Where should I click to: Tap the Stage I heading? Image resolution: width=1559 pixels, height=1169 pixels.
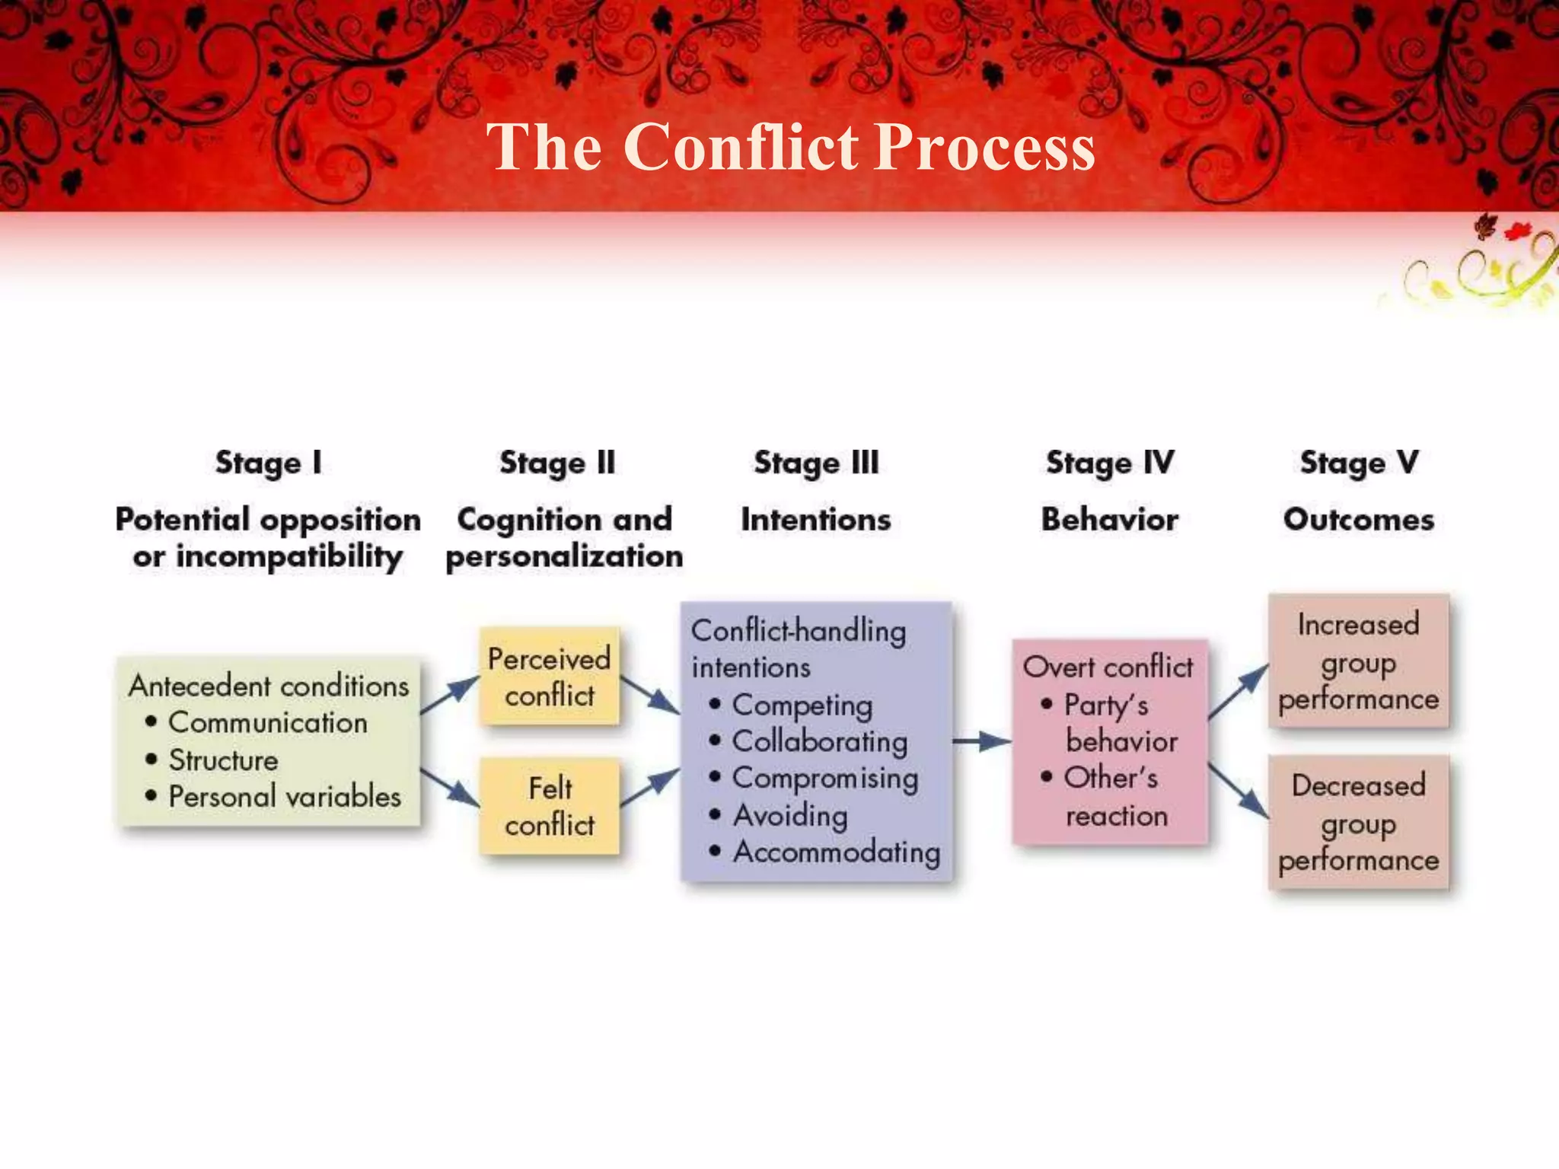(x=268, y=463)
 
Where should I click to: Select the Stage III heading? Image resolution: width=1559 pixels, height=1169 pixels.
(x=816, y=463)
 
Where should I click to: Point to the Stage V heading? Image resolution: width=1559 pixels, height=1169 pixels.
(x=1359, y=463)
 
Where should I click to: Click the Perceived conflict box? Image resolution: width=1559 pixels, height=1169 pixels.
(x=549, y=676)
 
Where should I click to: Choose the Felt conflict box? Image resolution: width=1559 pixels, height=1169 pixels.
(x=549, y=805)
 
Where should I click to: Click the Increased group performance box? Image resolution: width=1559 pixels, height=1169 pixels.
(x=1359, y=661)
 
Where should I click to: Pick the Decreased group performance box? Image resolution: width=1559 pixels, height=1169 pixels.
(x=1359, y=822)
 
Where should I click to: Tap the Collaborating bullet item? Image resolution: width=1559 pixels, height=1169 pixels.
(x=818, y=741)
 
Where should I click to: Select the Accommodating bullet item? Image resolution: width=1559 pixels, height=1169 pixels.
(x=836, y=852)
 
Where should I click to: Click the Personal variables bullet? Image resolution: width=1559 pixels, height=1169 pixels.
(x=283, y=796)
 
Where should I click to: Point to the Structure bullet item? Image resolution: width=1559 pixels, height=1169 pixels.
(x=222, y=760)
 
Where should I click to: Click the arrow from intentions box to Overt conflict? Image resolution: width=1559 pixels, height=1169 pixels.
(x=981, y=741)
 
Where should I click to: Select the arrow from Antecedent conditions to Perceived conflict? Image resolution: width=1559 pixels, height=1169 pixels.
(x=449, y=694)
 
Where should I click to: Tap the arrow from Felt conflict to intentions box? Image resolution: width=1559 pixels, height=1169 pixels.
(x=649, y=787)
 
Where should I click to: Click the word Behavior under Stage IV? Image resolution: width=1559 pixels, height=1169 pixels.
(x=1109, y=520)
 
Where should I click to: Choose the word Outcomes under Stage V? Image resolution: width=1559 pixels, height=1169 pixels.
(x=1359, y=520)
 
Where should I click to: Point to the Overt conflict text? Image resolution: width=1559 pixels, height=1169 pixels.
(x=1108, y=667)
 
